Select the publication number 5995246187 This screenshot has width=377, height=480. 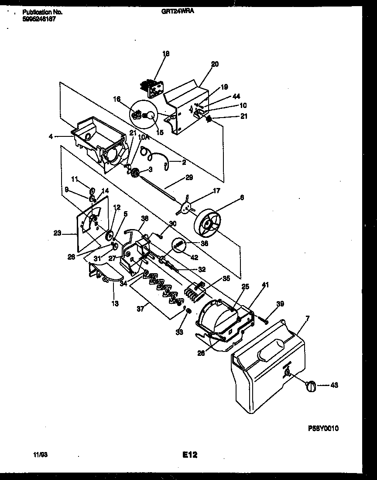point(39,20)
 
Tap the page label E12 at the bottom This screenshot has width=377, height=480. point(190,455)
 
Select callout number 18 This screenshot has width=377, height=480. point(166,54)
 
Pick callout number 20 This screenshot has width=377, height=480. point(215,64)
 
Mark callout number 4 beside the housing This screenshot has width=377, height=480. point(51,136)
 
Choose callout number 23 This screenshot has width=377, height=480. point(57,234)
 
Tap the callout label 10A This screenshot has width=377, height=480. point(144,137)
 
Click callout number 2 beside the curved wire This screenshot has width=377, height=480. point(184,162)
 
